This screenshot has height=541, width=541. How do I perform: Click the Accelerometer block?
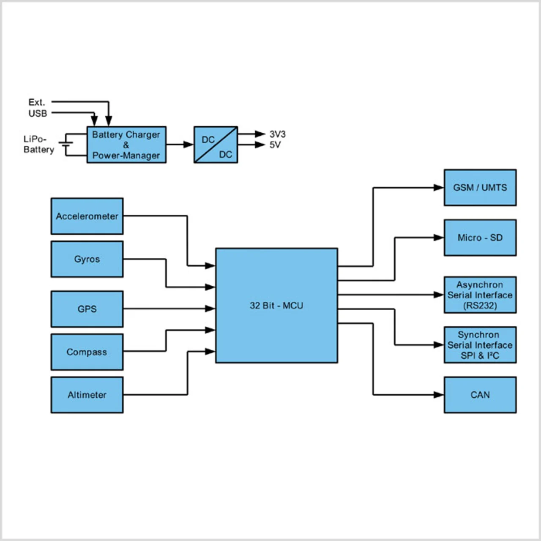(x=87, y=216)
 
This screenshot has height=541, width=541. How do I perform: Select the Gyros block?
(x=87, y=259)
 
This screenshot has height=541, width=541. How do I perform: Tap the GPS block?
(x=87, y=309)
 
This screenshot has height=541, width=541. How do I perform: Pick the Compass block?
(x=87, y=352)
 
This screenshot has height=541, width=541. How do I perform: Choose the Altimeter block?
(x=87, y=395)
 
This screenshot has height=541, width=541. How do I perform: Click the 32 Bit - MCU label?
(x=276, y=306)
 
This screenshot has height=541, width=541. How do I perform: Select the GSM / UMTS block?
(x=480, y=188)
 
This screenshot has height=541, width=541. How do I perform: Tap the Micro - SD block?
(x=480, y=238)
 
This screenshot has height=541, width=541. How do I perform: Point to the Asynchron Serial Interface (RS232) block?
(x=480, y=295)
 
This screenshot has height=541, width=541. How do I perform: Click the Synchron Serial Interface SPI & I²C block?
(x=480, y=345)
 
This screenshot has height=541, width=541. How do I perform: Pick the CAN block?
(x=480, y=395)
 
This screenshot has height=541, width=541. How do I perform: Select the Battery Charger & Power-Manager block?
(x=126, y=145)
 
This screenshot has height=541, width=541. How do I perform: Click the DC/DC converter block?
(x=216, y=145)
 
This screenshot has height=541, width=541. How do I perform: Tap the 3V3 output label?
(x=278, y=134)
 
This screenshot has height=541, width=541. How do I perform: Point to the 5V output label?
(x=275, y=145)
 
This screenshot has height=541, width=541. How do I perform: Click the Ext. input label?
(x=37, y=102)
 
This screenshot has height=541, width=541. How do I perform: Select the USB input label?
(x=38, y=113)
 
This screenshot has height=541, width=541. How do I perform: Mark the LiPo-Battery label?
(x=38, y=144)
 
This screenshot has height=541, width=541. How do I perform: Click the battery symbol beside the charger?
(x=66, y=145)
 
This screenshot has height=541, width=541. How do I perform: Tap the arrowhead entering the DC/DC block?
(x=189, y=145)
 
